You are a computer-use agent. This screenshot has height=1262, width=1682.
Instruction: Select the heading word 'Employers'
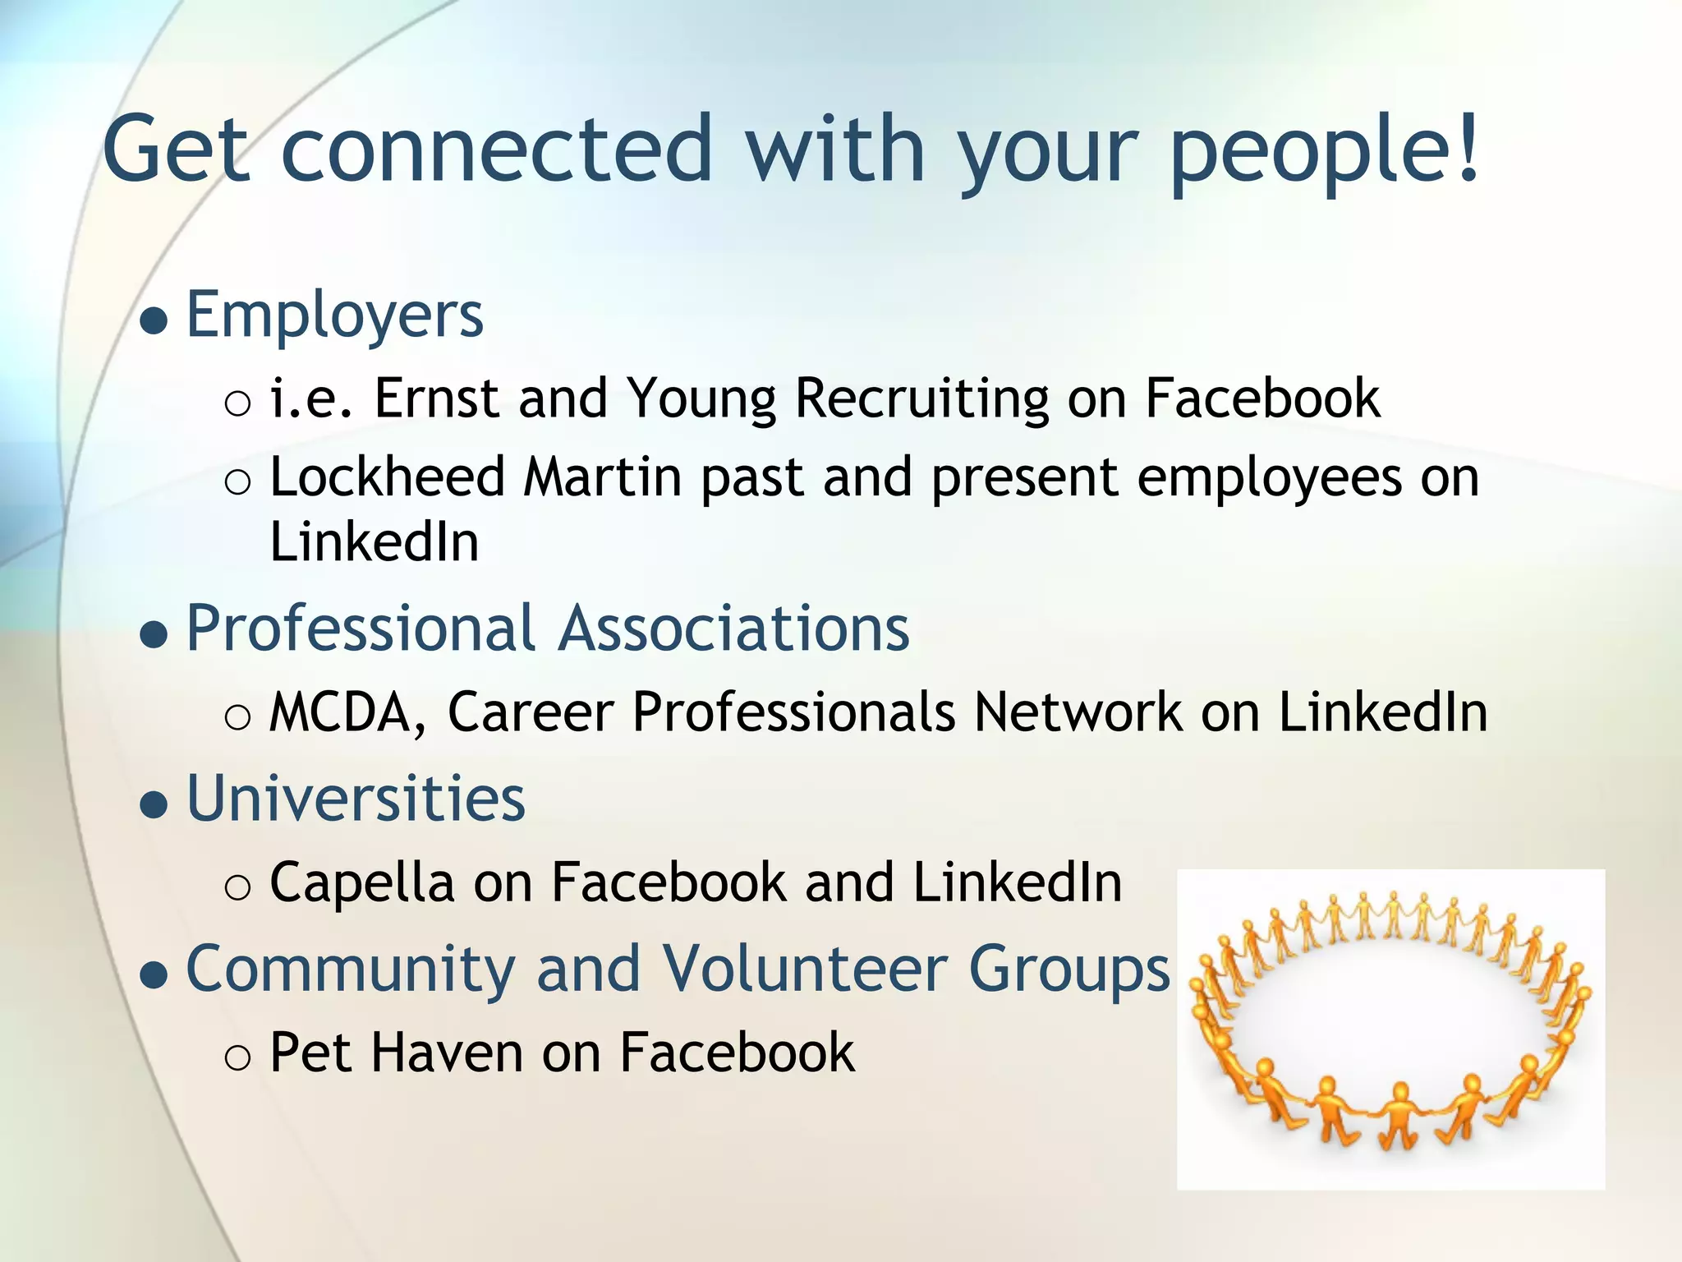pos(335,315)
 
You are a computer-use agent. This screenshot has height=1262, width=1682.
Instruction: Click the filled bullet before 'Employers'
pos(154,321)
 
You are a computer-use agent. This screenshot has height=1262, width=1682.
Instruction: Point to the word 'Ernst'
pos(436,398)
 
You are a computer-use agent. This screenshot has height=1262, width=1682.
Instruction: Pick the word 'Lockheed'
pos(387,477)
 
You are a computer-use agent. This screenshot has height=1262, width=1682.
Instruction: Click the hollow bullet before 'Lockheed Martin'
pos(237,482)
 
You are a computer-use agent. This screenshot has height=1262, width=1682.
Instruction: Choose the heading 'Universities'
pos(356,799)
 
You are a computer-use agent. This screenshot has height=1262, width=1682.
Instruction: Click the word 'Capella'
pos(361,883)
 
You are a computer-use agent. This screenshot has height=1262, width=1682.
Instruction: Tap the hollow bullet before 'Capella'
pos(237,887)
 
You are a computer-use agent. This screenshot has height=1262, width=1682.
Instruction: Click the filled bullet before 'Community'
pos(154,975)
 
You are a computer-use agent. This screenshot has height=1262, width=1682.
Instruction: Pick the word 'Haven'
pos(447,1052)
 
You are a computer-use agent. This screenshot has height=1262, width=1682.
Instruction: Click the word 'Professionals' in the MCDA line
pos(793,712)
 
